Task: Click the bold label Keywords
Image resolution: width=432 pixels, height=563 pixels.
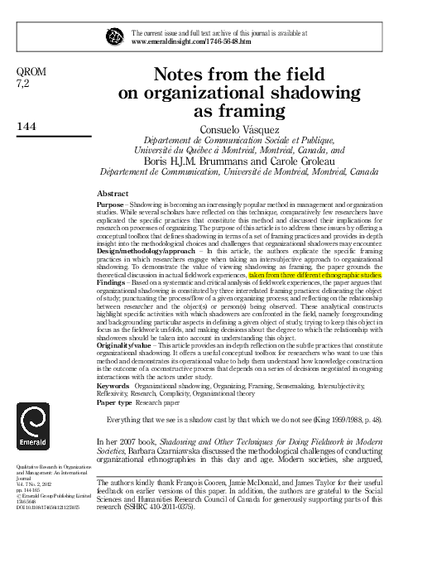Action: [113, 410]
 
